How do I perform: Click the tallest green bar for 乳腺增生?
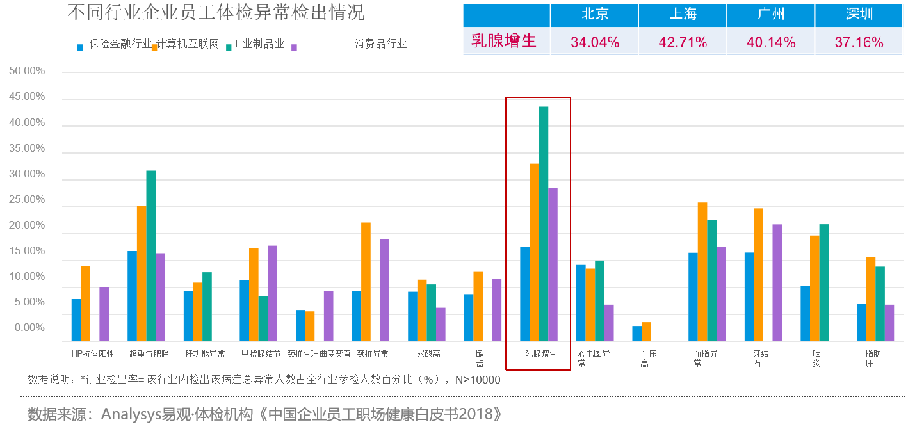(544, 223)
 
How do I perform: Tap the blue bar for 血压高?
(636, 334)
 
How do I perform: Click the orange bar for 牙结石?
(758, 275)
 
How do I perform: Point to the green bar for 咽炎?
(824, 282)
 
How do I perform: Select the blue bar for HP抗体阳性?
(76, 320)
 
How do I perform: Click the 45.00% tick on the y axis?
(27, 97)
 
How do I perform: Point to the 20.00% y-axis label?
(27, 225)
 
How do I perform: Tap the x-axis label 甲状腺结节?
(261, 353)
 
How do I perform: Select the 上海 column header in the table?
(683, 15)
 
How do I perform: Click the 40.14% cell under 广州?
(771, 42)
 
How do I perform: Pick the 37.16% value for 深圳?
(859, 42)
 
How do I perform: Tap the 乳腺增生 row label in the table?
(503, 42)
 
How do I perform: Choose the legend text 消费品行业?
(380, 44)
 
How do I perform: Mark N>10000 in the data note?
(477, 380)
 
